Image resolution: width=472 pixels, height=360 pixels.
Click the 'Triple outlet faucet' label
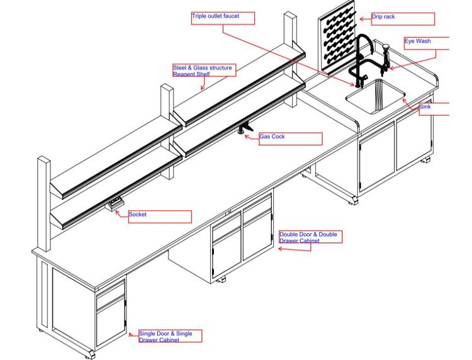tap(215, 16)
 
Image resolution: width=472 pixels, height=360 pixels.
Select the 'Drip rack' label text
tap(383, 17)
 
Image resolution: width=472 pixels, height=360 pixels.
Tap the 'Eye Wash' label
tap(417, 41)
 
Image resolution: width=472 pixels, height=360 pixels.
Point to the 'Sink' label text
tap(425, 106)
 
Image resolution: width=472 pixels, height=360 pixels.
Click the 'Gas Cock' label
tap(272, 137)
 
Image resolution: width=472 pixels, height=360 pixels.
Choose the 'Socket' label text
tap(138, 215)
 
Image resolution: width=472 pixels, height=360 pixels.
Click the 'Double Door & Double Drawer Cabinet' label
tap(308, 237)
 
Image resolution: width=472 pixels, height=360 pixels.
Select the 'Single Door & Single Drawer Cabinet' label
tap(166, 337)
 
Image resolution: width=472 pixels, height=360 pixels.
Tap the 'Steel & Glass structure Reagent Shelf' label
tap(202, 70)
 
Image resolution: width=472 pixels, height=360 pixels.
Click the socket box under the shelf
tap(115, 204)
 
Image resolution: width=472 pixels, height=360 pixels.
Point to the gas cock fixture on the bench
tap(245, 128)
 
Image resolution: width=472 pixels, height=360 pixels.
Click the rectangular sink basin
tap(375, 96)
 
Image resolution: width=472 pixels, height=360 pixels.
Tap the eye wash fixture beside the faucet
tap(386, 58)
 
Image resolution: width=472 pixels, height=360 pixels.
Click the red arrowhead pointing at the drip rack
tap(361, 19)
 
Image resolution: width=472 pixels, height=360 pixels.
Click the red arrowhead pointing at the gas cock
tap(247, 137)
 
